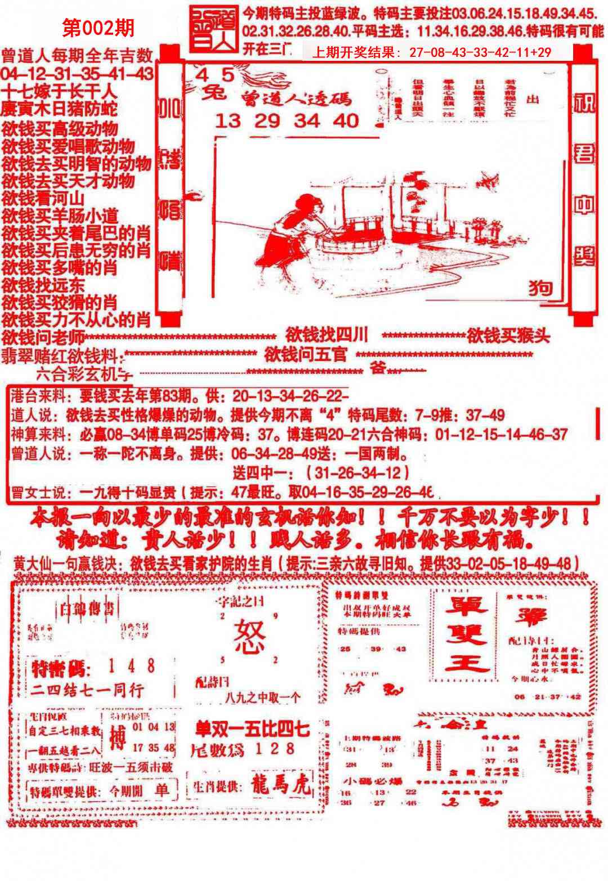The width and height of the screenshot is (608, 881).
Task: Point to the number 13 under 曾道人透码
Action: coord(228,120)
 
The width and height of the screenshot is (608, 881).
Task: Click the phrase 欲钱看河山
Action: coord(43,198)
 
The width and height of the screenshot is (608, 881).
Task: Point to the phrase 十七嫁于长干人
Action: coord(59,91)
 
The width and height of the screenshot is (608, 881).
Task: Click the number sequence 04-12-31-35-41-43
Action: coord(77,74)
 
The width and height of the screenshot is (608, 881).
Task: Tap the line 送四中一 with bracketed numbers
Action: coord(321,472)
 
